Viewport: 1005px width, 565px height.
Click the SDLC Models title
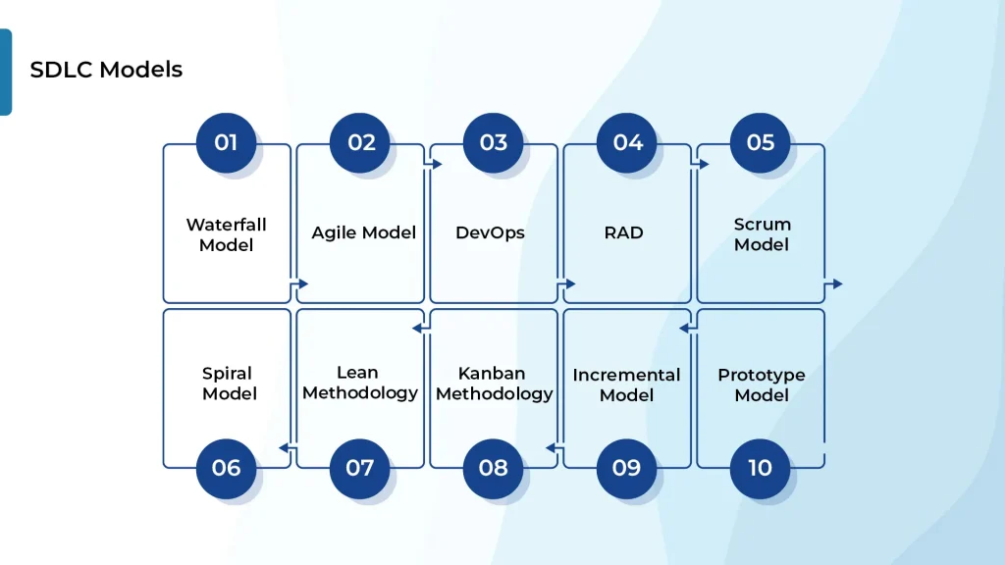click(106, 70)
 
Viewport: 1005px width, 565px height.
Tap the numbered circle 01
click(226, 143)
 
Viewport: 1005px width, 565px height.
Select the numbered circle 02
click(360, 143)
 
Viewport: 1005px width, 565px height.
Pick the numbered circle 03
click(494, 143)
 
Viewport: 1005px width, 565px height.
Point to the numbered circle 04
click(627, 143)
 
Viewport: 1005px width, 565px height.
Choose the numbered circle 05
click(761, 143)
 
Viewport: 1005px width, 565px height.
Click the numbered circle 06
click(226, 468)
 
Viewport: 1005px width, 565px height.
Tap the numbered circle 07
click(360, 468)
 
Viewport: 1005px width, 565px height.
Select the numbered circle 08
click(494, 468)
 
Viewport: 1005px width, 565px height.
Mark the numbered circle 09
click(627, 468)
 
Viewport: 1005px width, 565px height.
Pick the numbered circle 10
click(761, 468)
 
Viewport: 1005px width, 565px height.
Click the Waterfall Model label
click(226, 234)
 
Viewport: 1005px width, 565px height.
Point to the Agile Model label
click(363, 232)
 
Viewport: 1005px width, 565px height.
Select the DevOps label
click(490, 232)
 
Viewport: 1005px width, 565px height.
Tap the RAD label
click(624, 232)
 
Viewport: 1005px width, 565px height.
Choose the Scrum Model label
click(762, 234)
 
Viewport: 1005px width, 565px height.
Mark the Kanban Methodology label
click(494, 384)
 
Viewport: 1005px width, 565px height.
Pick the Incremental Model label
click(626, 385)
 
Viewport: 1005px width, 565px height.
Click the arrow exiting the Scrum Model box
click(833, 283)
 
